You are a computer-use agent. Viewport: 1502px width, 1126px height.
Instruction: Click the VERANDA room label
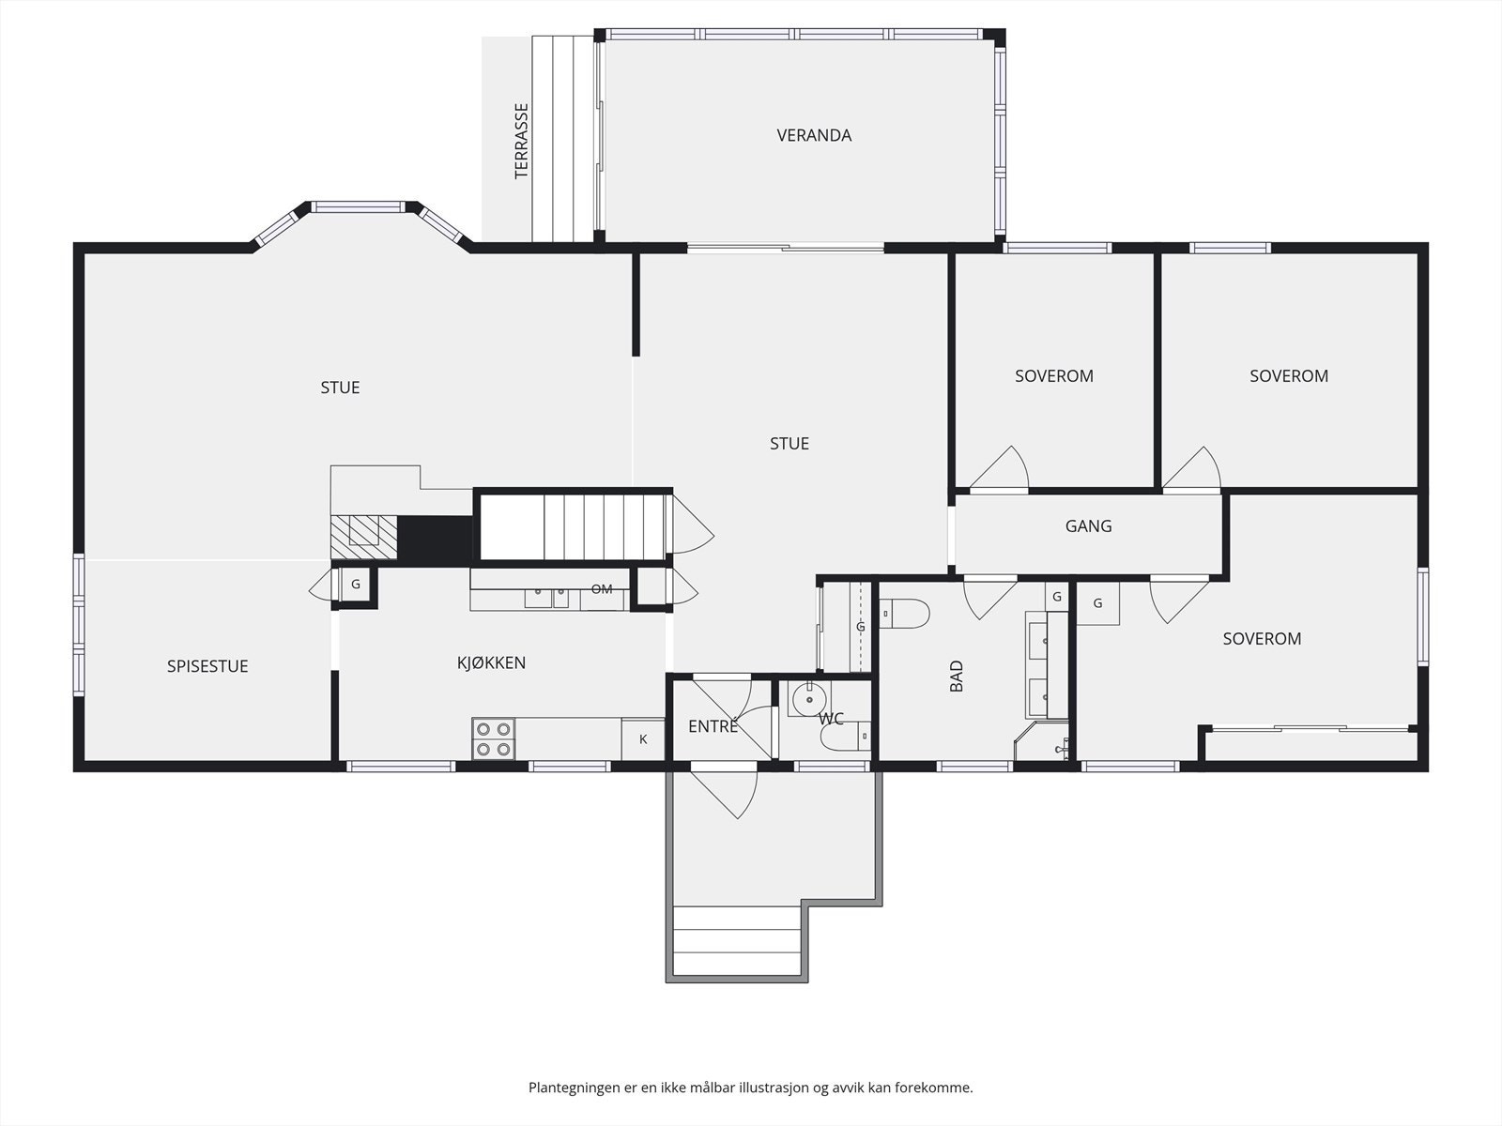814,135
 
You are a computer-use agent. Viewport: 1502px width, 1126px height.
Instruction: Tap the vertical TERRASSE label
521,141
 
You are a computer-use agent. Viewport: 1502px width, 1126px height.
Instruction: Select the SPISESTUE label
207,666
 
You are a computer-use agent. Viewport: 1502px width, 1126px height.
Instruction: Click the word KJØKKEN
491,662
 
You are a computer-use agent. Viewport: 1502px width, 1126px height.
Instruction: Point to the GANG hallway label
1088,525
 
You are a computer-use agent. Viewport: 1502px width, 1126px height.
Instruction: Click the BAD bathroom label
957,676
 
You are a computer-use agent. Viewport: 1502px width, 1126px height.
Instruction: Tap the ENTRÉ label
713,726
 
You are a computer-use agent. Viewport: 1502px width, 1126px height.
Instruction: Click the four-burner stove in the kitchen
494,739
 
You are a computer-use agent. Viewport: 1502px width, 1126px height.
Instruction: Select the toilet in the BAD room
904,614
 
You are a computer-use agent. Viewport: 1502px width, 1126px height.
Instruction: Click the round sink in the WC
809,699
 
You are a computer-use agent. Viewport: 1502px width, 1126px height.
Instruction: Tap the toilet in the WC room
845,737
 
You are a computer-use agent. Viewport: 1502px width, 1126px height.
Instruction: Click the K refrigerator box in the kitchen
642,739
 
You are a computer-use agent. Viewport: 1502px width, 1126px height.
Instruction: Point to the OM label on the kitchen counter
602,588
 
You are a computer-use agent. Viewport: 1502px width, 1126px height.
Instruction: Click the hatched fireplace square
364,538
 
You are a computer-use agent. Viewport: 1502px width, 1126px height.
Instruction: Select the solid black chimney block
436,540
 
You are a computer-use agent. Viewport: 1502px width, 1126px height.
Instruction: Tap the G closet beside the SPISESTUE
355,585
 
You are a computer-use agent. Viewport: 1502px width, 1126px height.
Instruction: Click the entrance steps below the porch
736,941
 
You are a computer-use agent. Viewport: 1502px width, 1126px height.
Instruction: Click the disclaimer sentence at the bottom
751,1087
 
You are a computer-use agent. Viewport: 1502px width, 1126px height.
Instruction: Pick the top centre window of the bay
359,206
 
